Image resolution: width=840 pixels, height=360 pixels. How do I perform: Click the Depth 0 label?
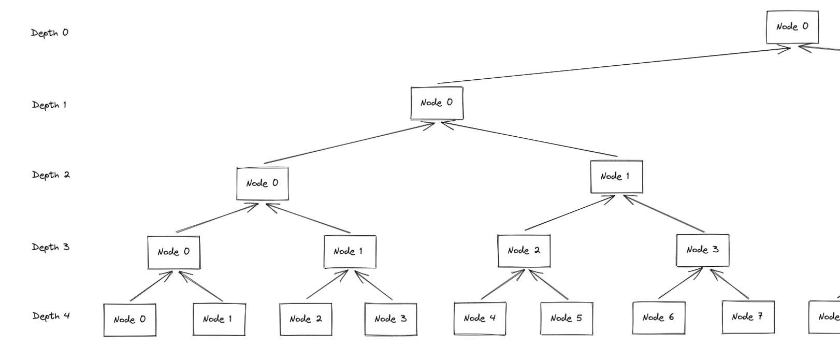50,33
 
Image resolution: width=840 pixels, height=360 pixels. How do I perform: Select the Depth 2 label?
51,175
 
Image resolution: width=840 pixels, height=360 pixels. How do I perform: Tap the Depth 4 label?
51,316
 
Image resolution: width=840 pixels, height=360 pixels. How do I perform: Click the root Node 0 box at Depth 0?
792,27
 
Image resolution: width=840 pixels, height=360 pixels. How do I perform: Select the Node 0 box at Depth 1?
437,103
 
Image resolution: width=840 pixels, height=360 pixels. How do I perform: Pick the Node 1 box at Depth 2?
616,177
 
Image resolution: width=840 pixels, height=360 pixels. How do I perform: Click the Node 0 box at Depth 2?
263,183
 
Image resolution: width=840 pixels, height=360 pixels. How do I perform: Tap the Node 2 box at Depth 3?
524,251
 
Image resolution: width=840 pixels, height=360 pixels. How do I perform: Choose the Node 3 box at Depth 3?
702,250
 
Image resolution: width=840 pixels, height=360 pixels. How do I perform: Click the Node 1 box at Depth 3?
350,252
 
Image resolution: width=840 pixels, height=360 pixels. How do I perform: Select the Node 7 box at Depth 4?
748,317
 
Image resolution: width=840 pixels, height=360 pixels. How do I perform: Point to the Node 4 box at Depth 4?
480,318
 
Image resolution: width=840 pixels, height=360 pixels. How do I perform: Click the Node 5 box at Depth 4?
567,318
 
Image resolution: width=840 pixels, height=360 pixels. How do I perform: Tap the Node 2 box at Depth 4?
306,319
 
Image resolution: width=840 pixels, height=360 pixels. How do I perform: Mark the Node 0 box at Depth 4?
129,320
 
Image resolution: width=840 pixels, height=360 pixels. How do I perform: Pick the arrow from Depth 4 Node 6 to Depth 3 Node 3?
679,284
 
